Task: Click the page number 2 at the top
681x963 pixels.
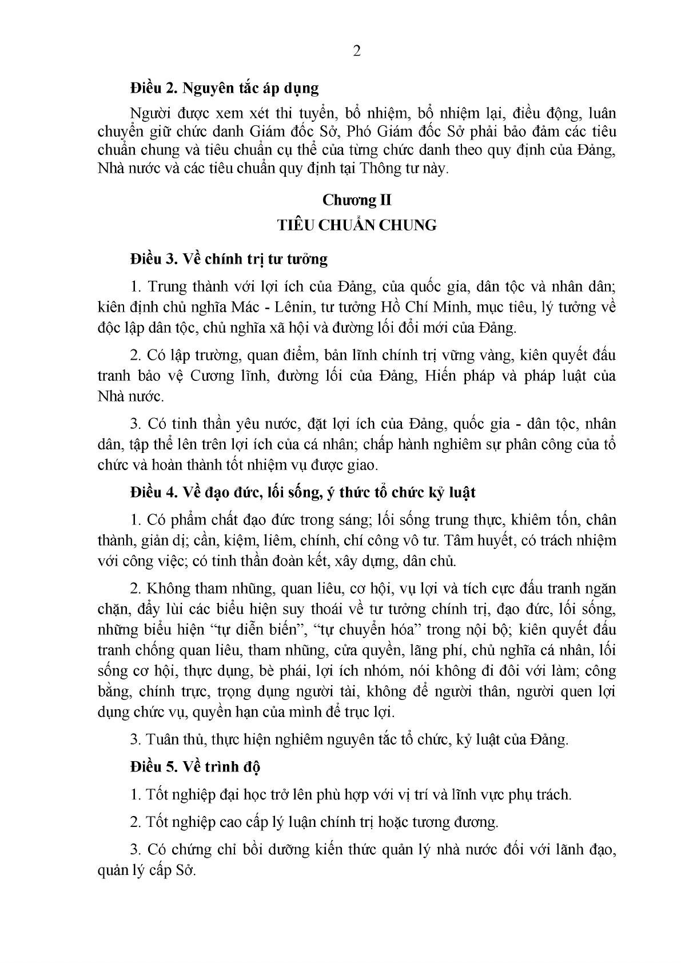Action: tap(357, 52)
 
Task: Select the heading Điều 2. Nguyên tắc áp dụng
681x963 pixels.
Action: tap(224, 89)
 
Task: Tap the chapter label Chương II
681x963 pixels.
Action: tap(357, 200)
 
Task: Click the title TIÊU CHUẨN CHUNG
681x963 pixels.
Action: tap(357, 225)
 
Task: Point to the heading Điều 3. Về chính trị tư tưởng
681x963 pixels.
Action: tap(229, 259)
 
